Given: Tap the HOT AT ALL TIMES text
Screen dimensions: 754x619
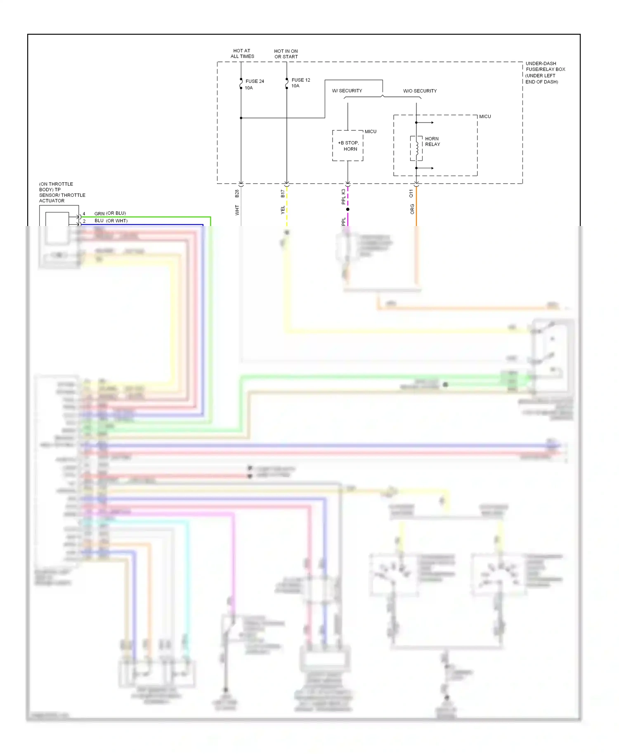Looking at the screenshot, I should [242, 54].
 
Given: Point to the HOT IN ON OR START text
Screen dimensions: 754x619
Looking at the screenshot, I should [286, 54].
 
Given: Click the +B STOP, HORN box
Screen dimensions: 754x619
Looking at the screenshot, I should [348, 146].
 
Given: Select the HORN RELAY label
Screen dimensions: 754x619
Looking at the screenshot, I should [432, 141].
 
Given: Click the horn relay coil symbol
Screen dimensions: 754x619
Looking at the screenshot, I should [417, 148].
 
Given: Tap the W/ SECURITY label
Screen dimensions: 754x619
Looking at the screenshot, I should [347, 91].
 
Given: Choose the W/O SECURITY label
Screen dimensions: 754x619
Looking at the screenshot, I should [420, 91].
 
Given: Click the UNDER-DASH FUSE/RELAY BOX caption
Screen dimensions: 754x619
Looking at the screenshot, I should [545, 73].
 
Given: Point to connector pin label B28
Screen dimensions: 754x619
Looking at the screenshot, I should [237, 193].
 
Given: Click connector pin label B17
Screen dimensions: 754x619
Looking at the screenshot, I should [283, 193].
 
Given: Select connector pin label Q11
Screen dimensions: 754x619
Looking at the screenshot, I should [411, 193].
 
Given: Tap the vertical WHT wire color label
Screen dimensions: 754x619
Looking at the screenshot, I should [237, 210].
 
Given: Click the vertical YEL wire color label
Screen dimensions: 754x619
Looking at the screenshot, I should [283, 210].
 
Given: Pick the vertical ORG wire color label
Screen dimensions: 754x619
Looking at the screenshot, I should [412, 209].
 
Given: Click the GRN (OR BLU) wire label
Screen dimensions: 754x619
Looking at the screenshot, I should [110, 213].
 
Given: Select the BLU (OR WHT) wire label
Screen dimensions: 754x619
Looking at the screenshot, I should [111, 221].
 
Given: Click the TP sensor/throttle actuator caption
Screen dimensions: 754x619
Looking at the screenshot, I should [62, 192].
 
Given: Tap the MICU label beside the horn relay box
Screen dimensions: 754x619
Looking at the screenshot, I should [485, 117].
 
